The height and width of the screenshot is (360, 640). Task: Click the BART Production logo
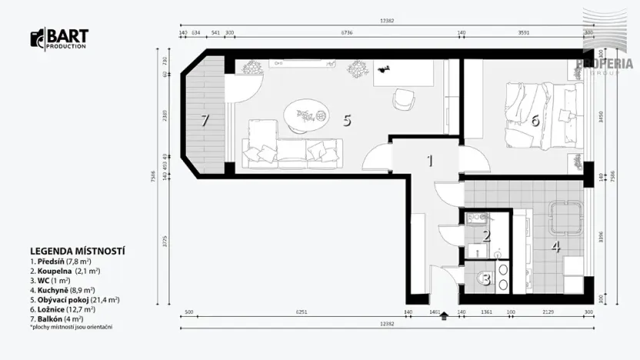click(59, 38)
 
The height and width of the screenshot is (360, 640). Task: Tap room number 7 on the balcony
click(205, 120)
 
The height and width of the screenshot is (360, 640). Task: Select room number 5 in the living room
click(347, 120)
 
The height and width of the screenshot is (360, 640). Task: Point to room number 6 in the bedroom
click(535, 120)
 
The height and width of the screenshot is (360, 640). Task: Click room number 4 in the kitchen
click(556, 248)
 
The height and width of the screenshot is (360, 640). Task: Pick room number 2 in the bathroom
click(486, 236)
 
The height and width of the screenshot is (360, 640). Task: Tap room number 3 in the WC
click(485, 278)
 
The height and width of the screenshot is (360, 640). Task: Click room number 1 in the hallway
click(431, 161)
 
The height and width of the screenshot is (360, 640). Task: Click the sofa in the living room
click(291, 150)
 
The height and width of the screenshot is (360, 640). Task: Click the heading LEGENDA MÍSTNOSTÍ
click(78, 251)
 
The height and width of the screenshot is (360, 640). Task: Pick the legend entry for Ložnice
click(62, 308)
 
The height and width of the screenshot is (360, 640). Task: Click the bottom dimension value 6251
click(290, 313)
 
